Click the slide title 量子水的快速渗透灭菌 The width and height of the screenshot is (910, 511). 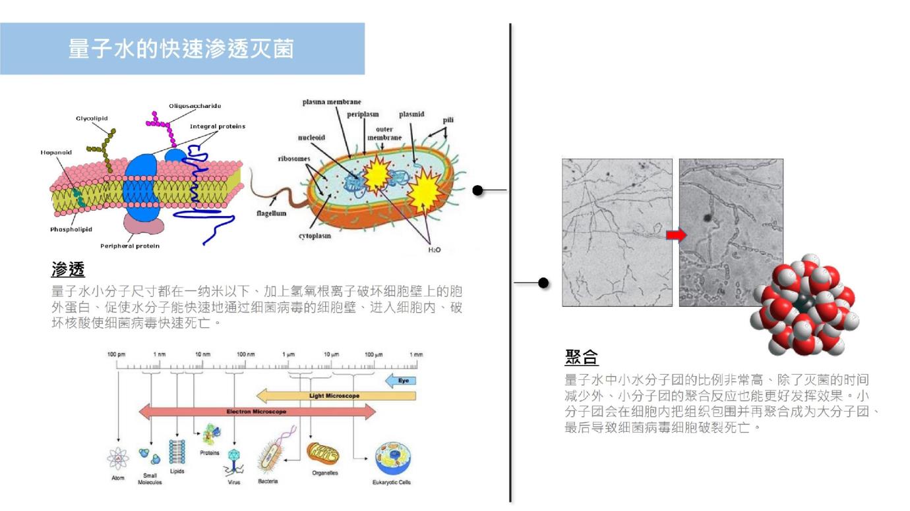(x=181, y=49)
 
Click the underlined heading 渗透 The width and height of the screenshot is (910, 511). (x=68, y=269)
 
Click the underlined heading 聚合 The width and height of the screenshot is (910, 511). (x=582, y=357)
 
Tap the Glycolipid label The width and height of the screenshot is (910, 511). (x=92, y=119)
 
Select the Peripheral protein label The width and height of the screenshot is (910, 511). (x=130, y=246)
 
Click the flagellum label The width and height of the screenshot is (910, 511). (x=270, y=213)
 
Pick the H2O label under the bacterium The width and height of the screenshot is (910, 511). (x=434, y=250)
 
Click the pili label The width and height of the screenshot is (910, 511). (x=448, y=120)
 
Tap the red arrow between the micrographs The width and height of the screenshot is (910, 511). (x=676, y=234)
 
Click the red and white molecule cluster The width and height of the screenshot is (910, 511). (x=806, y=304)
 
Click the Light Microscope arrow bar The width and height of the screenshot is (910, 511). (x=336, y=396)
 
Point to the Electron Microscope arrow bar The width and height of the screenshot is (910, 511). (x=257, y=412)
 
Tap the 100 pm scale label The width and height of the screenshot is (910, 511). (x=117, y=354)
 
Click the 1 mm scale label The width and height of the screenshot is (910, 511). (x=416, y=354)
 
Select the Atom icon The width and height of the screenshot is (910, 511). (x=118, y=458)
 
